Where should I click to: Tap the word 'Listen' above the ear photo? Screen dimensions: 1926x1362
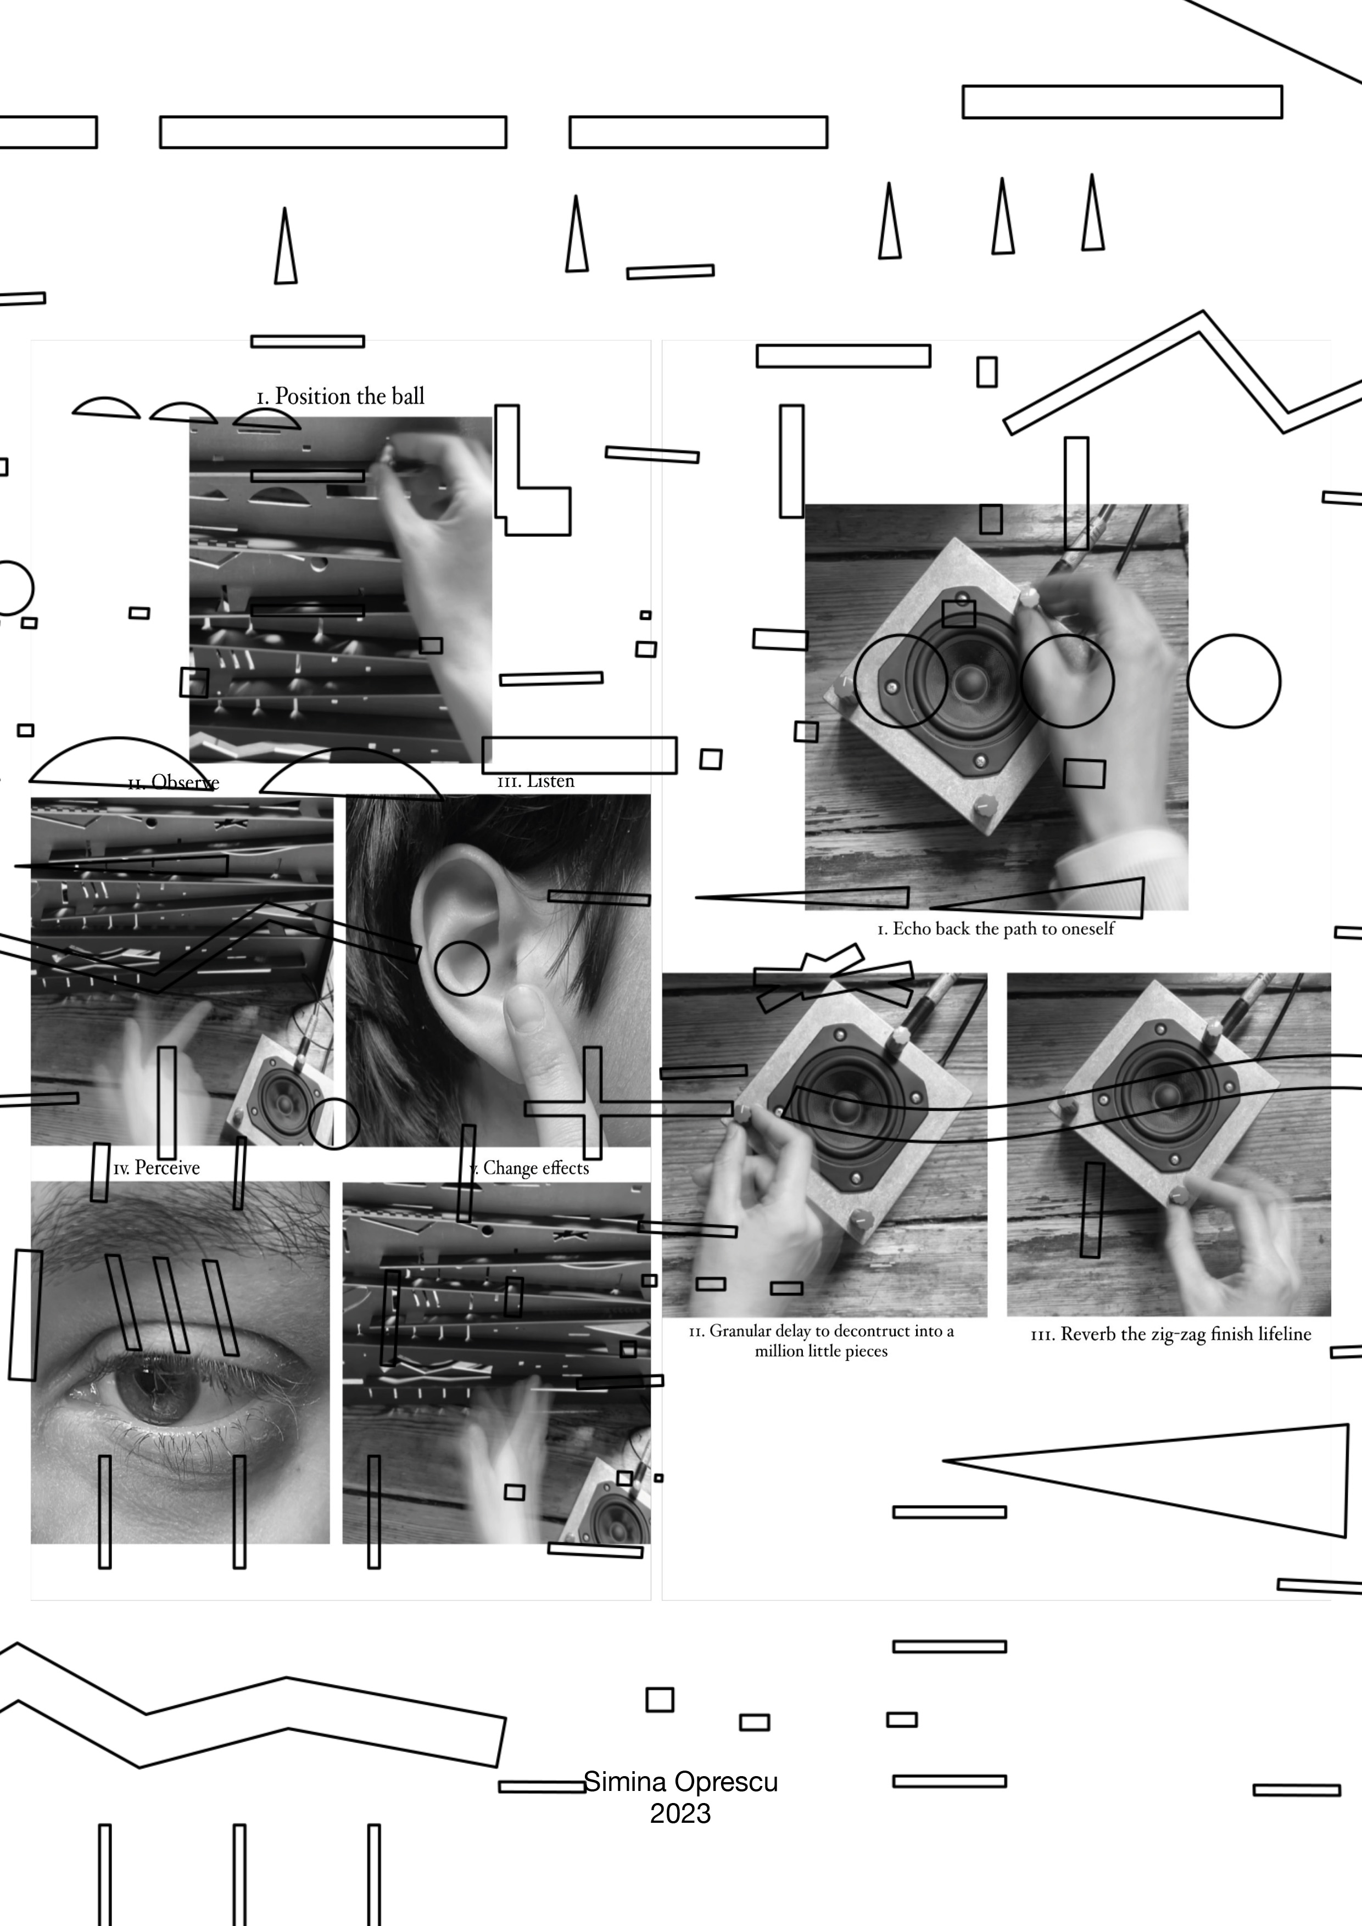550,781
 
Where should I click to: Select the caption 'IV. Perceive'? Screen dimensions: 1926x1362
157,1168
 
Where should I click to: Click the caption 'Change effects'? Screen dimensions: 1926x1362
535,1168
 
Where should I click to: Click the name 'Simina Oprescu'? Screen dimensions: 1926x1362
680,1781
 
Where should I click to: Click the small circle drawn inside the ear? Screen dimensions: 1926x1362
461,968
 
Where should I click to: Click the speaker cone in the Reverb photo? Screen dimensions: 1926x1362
1167,1095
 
